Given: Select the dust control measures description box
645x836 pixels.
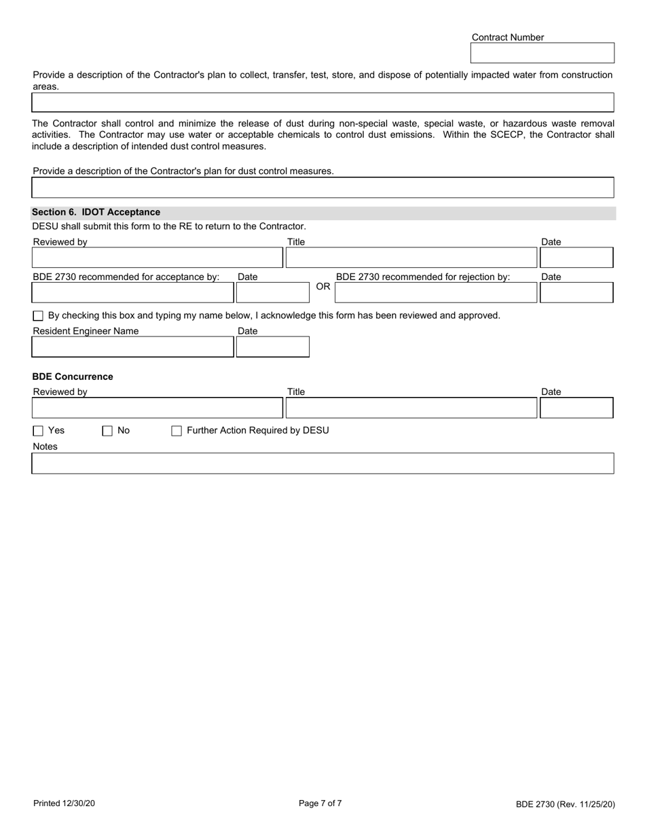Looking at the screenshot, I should tap(322, 188).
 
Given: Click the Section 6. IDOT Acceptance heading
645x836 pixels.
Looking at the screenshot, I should tap(96, 212).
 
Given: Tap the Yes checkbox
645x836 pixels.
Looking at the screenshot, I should tap(38, 431).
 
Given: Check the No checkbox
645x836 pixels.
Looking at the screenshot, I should tap(107, 431).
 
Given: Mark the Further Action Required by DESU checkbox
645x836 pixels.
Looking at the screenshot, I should tap(177, 431).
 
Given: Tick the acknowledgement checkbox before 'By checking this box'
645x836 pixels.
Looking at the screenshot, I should tap(38, 316).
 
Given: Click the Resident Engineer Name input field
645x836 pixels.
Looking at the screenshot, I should tap(132, 347).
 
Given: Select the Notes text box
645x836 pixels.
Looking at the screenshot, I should tap(322, 464).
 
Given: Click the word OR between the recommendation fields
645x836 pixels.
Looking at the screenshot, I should tap(323, 287).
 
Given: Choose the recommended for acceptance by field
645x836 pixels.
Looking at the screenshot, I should tap(132, 292).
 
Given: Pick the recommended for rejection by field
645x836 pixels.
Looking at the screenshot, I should tap(436, 292).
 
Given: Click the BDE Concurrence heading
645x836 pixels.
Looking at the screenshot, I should tap(73, 377).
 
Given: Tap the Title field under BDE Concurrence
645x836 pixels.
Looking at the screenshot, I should tap(411, 408).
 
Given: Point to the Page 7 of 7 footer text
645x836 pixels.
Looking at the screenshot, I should tap(320, 803).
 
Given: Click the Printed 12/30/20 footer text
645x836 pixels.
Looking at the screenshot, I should tap(64, 803).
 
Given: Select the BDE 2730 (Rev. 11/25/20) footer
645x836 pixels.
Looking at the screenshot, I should tap(565, 805).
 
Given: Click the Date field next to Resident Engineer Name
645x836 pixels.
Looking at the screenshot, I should tap(272, 347).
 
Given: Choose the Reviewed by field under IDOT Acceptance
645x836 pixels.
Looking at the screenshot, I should tap(157, 258).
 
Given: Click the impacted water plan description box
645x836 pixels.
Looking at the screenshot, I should tap(322, 103).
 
